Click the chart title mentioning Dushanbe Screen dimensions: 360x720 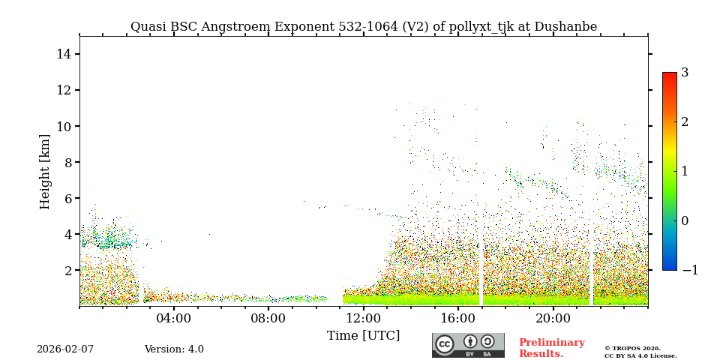pos(364,27)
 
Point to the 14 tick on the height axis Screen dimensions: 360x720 pos(64,54)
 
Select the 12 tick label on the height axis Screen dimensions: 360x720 pos(64,90)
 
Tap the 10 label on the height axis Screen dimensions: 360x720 pos(64,126)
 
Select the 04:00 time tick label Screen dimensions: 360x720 pos(174,318)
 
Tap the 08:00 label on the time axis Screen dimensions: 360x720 pos(268,318)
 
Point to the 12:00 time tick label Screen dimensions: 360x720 pos(364,318)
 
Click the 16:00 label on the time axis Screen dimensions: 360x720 pos(458,318)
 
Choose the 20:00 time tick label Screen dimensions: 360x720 pos(553,318)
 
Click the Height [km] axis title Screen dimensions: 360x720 pos(46,171)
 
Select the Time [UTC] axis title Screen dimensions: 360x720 pos(364,335)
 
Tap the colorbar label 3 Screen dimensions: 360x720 pos(685,73)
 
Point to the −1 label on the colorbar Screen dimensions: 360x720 pos(689,270)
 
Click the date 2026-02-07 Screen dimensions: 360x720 pos(65,349)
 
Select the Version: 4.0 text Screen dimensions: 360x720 pos(174,349)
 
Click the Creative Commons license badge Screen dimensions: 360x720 pos(468,345)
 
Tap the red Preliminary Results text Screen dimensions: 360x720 pos(551,348)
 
